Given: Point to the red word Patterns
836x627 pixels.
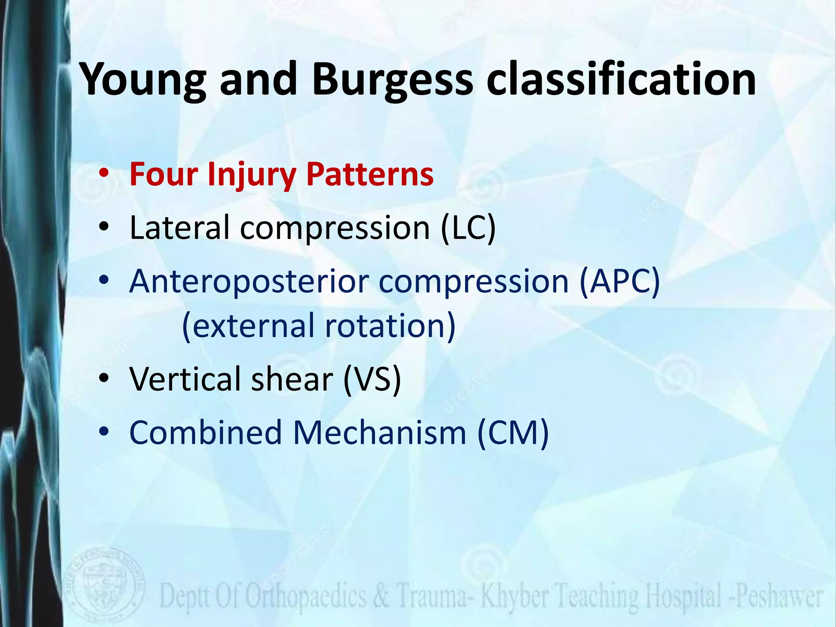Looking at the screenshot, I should click(x=369, y=174).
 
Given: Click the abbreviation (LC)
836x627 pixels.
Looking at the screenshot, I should click(x=468, y=228).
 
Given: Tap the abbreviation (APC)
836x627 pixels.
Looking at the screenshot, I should click(x=619, y=282).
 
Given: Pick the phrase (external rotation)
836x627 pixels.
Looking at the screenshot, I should click(x=318, y=326).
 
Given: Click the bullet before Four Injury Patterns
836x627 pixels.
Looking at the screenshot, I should click(x=104, y=175).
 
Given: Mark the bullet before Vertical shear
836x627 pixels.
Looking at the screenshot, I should click(x=104, y=379).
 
